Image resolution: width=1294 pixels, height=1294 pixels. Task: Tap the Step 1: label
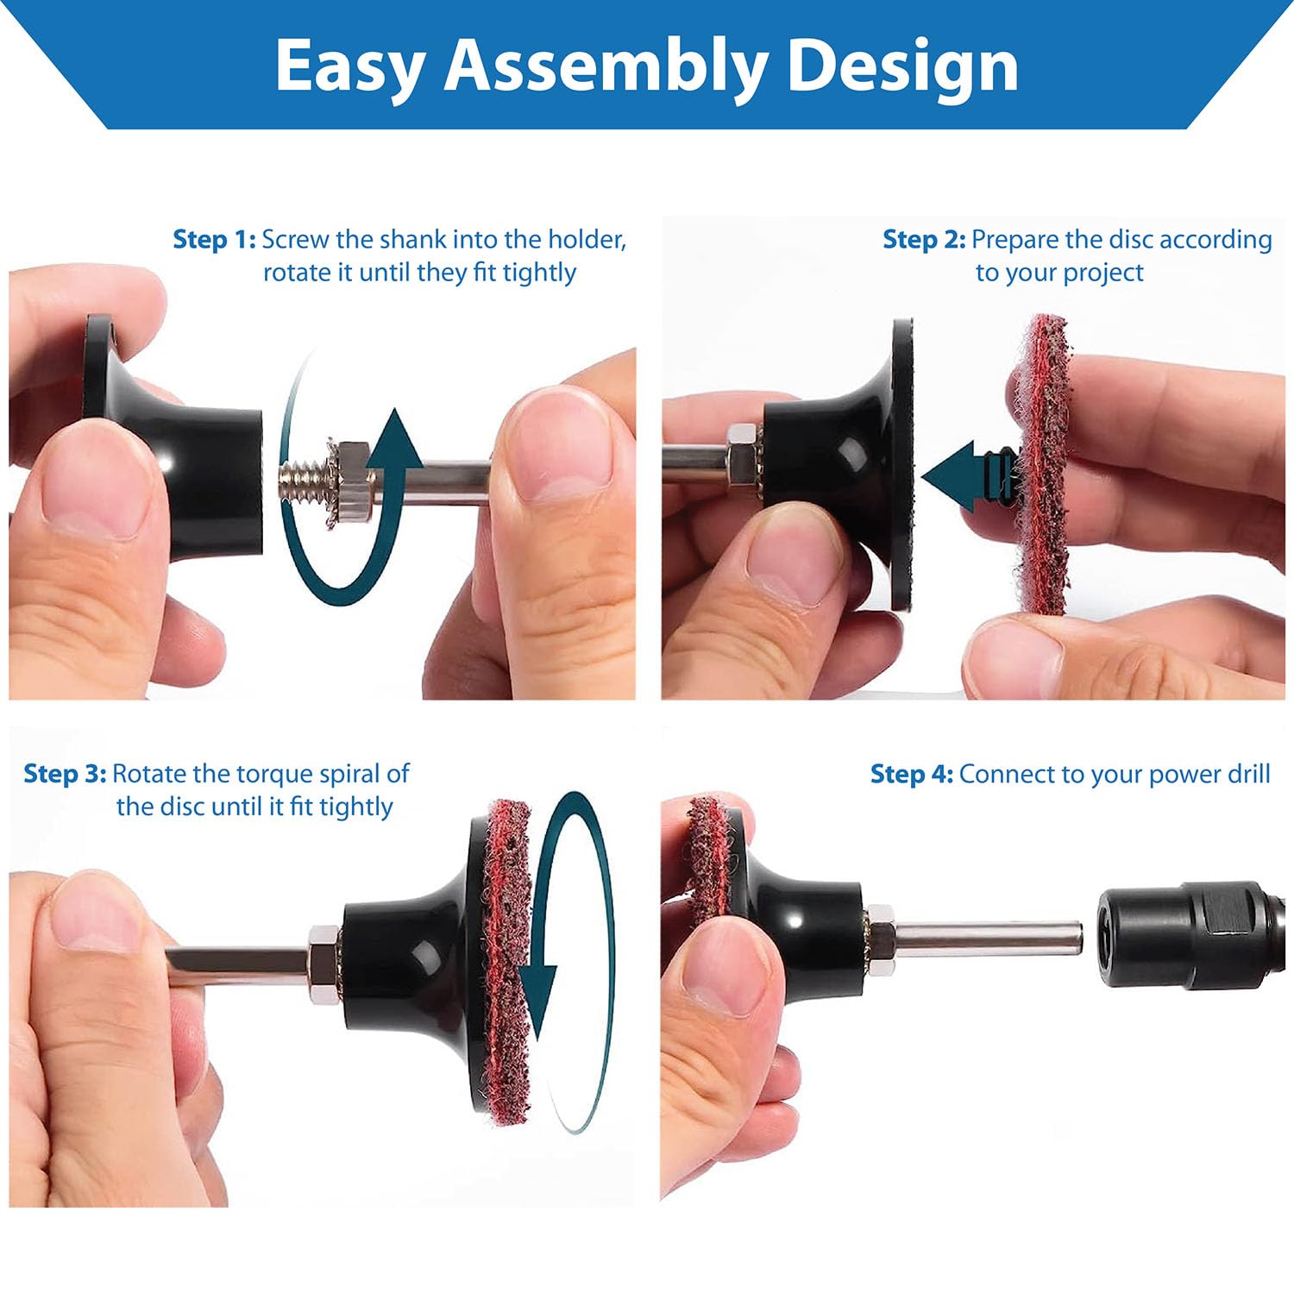tap(215, 239)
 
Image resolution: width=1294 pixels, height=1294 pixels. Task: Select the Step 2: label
tap(924, 239)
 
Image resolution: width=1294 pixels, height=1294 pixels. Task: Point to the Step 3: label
tap(65, 774)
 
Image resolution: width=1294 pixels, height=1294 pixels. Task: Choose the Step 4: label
tap(912, 774)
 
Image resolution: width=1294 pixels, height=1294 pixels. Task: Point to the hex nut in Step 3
tap(324, 964)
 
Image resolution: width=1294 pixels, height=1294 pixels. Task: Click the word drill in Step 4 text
tap(1245, 774)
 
